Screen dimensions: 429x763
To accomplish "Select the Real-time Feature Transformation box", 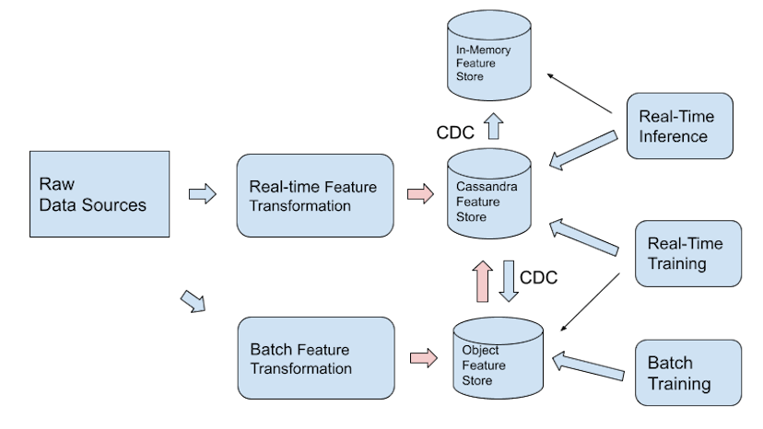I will click(314, 196).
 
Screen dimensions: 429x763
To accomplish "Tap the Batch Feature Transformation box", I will click(315, 359).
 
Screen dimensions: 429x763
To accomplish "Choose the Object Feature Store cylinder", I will click(498, 365).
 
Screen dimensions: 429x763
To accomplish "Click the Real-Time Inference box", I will click(679, 125).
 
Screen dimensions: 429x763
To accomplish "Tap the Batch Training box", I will click(688, 373).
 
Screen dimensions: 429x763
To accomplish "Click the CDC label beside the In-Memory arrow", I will click(455, 133).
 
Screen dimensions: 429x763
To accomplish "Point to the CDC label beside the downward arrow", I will click(539, 277).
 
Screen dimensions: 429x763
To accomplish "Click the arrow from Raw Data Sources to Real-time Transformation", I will click(202, 194).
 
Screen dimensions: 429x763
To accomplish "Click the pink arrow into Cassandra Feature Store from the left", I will click(419, 194).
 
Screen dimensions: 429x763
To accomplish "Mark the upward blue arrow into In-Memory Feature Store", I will click(494, 126).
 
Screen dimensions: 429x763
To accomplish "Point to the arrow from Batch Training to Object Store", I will click(587, 366).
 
